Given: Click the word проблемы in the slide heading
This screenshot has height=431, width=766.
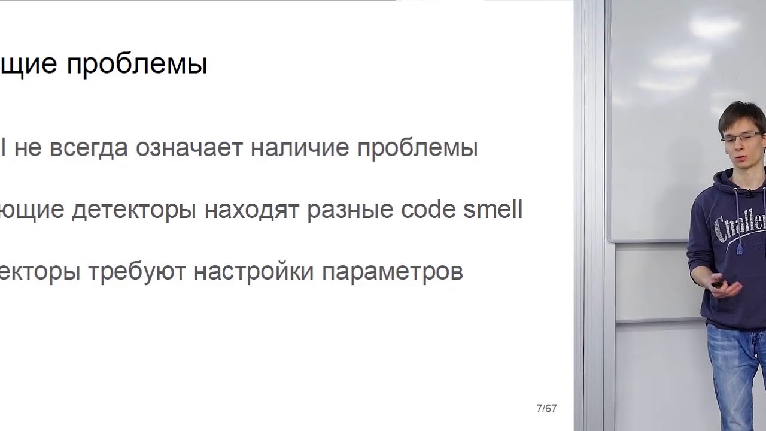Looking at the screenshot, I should pos(136,65).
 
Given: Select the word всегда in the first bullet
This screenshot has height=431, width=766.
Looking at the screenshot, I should pos(89,148).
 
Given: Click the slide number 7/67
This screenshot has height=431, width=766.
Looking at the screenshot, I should pos(546,409).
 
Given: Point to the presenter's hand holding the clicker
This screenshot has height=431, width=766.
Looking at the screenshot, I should pos(726,289).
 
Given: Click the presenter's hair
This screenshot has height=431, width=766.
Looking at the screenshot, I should pos(742,114).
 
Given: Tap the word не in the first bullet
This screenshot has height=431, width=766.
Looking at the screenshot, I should pos(28,148).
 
